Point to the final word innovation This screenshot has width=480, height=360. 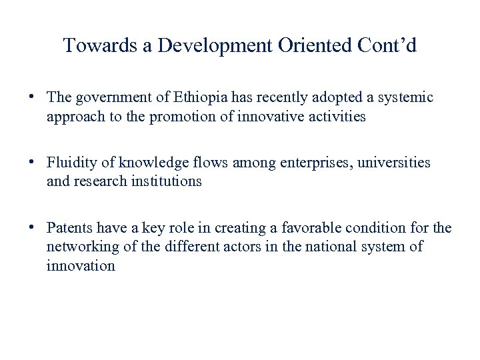tap(81, 266)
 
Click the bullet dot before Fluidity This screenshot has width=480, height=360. tap(32, 161)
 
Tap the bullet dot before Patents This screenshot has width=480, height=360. tap(32, 227)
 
